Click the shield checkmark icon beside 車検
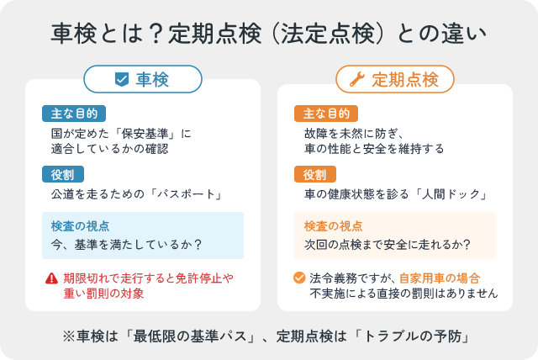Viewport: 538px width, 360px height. point(121,80)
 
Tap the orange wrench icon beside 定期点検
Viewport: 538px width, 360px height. point(356,80)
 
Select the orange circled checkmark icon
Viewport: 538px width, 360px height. point(298,278)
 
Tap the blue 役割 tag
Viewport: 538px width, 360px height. point(62,175)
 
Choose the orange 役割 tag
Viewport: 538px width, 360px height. point(315,175)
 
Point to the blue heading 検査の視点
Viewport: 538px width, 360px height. point(80,226)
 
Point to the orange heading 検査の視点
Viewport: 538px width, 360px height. point(333,226)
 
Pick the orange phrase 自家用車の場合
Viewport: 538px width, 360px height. point(440,278)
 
